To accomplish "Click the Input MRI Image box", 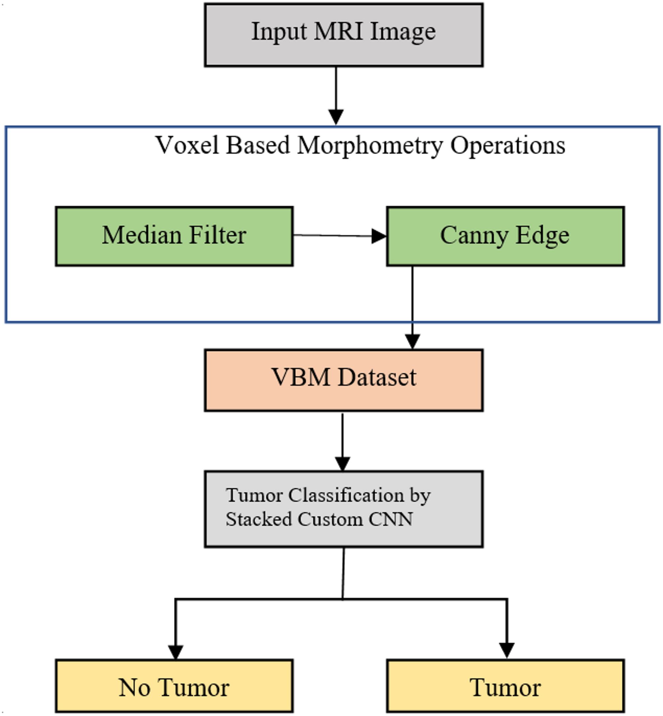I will tap(343, 35).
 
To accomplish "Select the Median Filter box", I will tap(174, 236).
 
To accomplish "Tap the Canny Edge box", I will tap(505, 236).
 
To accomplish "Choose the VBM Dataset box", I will tap(343, 380).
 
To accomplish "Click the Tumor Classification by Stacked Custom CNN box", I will tap(343, 509).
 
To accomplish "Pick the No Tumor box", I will tap(174, 686).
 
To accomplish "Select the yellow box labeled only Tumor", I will tap(505, 686).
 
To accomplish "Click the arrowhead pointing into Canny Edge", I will tap(379, 236).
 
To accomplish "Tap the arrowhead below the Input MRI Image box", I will tap(336, 117).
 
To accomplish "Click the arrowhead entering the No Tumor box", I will tap(175, 652).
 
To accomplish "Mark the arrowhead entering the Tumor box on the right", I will tap(506, 650).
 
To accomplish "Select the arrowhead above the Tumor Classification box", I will tap(342, 463).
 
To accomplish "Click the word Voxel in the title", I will tap(187, 145).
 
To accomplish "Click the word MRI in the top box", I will tap(338, 31).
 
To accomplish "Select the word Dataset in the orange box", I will tap(377, 377).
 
